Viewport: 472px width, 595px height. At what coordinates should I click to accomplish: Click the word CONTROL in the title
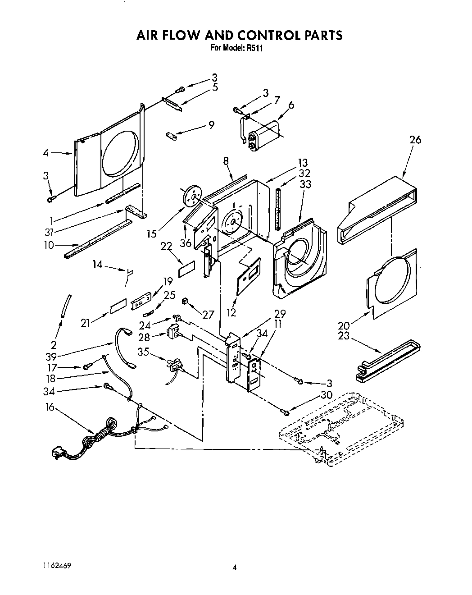coord(253,35)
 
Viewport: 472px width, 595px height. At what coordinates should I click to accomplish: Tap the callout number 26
coord(415,140)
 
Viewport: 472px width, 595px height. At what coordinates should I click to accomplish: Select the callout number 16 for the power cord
coord(50,407)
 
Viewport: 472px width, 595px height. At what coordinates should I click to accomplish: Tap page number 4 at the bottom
coord(234,568)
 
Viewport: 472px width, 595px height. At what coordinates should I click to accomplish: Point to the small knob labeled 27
coord(184,301)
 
